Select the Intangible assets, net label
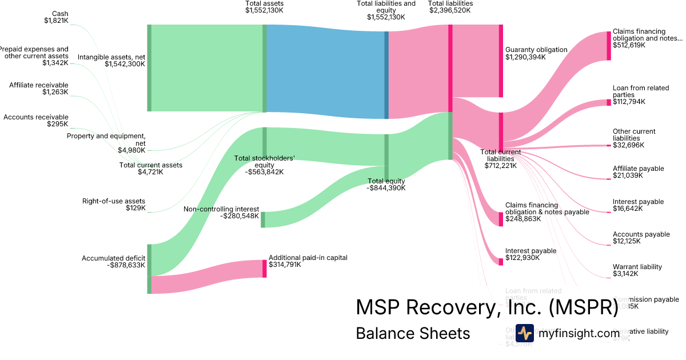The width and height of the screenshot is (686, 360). click(111, 61)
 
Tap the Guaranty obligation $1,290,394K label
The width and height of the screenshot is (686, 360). click(536, 53)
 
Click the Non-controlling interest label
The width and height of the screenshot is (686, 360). click(221, 213)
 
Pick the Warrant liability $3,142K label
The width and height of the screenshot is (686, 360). click(637, 270)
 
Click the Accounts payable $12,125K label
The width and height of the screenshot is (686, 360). click(641, 238)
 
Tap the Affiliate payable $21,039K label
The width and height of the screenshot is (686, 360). click(638, 172)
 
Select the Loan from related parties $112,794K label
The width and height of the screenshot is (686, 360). click(640, 95)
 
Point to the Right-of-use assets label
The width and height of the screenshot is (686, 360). click(114, 205)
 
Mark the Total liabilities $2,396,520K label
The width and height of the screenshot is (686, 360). click(450, 7)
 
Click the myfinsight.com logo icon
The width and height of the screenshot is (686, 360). click(524, 333)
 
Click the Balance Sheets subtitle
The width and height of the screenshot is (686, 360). click(413, 333)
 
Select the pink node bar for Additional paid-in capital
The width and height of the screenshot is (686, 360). click(265, 269)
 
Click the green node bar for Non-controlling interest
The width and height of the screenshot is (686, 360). click(263, 219)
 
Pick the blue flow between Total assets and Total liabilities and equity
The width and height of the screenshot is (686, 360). click(326, 71)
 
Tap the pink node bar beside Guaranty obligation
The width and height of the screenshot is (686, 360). click(501, 61)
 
